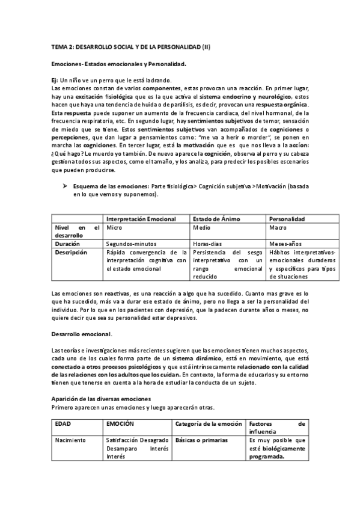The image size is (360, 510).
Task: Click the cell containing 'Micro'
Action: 114,229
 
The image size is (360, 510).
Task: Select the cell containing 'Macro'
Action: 277,229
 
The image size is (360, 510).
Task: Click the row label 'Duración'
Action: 67,245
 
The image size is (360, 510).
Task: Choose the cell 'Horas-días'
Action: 208,245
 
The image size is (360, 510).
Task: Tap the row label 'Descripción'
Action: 72,253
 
